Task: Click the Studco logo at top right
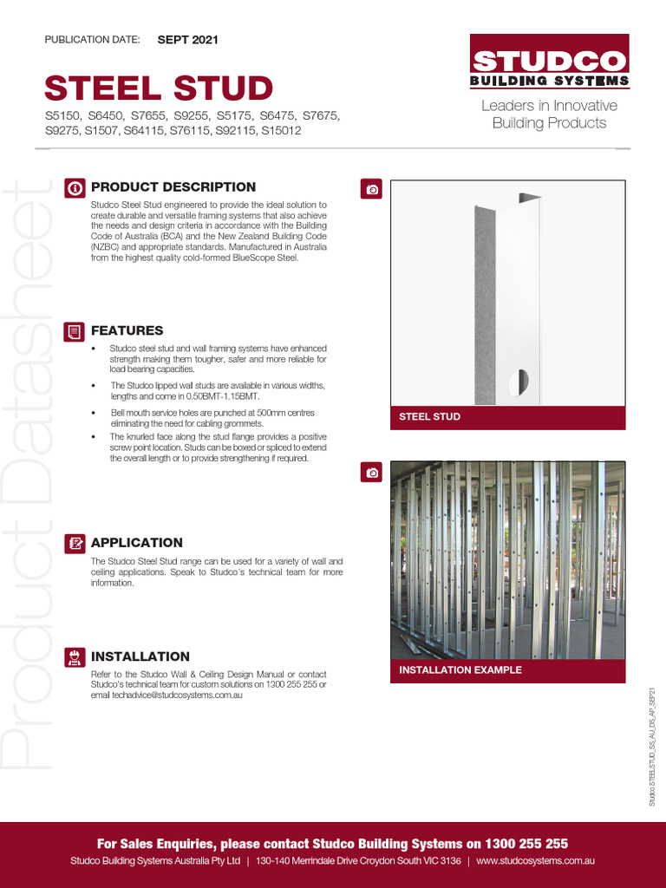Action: tap(549, 69)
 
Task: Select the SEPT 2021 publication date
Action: tap(187, 40)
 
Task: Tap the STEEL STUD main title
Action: tap(159, 88)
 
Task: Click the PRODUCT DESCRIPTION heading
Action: tap(173, 186)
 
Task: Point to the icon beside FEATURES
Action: tap(75, 331)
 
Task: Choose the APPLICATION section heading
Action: tap(137, 543)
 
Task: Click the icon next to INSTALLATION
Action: tap(75, 657)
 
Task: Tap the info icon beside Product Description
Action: tap(75, 187)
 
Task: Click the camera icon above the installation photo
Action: tap(372, 472)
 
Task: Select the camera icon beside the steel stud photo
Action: tap(372, 189)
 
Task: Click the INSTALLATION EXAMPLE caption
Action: tap(460, 670)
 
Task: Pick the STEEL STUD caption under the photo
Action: tap(429, 417)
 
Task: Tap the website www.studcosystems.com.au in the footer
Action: tap(535, 861)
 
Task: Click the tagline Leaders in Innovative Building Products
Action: tap(549, 114)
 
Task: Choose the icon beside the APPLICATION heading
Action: tap(75, 544)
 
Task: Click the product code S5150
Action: tap(62, 115)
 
